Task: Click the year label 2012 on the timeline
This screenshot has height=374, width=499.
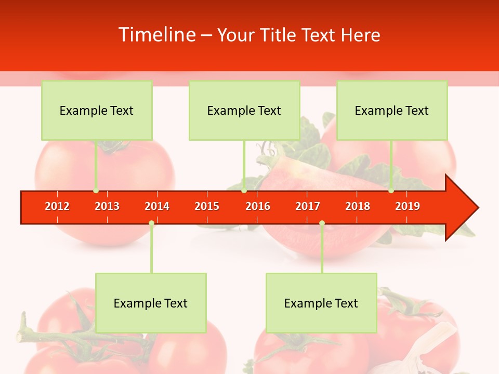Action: click(57, 206)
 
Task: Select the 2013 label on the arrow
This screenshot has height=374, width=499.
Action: click(107, 206)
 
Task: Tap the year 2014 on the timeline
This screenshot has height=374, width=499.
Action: click(157, 206)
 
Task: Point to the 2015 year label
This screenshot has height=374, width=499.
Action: click(207, 206)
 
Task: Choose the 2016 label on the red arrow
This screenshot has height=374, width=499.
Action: click(258, 206)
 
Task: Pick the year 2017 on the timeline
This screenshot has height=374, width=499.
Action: click(308, 206)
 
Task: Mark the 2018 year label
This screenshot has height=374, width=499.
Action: click(358, 206)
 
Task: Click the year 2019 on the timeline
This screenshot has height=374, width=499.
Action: click(408, 206)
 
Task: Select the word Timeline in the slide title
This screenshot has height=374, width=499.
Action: click(156, 35)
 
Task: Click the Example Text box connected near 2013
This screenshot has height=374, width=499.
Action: click(97, 111)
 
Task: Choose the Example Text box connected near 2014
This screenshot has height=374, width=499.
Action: click(151, 303)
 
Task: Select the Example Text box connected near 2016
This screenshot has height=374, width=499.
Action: click(244, 111)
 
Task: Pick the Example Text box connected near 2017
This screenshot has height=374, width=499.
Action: click(321, 303)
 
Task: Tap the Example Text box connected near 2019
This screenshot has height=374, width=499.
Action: click(392, 111)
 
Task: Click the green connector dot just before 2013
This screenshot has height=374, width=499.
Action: click(96, 191)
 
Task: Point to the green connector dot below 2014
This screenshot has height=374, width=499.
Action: click(151, 223)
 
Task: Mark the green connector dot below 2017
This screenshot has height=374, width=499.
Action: click(322, 223)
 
